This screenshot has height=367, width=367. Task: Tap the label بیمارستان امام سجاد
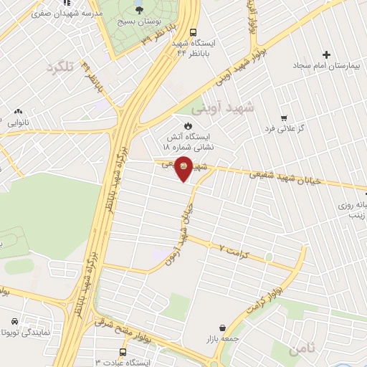(x=319, y=65)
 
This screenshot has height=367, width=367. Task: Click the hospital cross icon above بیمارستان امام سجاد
(x=327, y=54)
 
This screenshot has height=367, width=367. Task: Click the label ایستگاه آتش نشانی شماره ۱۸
(x=190, y=140)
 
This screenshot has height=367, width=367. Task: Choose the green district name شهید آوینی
(x=224, y=108)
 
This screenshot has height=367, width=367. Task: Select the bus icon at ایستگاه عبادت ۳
(x=123, y=353)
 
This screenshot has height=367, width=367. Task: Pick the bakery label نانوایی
(x=19, y=123)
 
